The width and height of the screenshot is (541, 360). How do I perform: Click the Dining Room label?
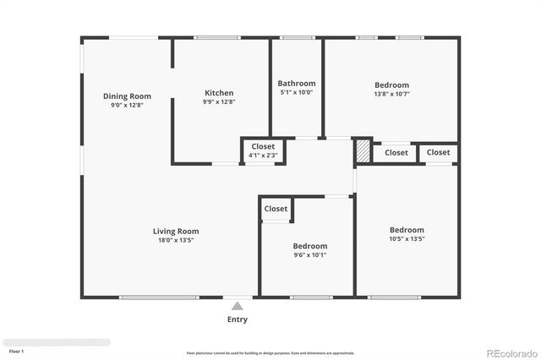tap(127, 96)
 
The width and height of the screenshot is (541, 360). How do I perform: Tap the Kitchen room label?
tap(219, 93)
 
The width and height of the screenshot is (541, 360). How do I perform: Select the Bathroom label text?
tap(297, 84)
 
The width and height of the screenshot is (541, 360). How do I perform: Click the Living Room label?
tap(176, 231)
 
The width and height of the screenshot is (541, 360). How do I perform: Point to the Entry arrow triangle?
tap(238, 306)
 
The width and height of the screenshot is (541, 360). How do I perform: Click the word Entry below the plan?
tap(238, 319)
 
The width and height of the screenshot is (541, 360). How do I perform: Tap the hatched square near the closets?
tap(363, 151)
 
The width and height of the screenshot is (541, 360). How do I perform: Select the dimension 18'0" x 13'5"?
tap(176, 240)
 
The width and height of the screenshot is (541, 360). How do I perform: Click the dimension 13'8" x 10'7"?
tap(391, 94)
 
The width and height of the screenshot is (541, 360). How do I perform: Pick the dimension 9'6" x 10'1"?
tap(310, 255)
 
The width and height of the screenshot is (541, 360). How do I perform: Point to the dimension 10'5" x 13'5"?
tap(407, 239)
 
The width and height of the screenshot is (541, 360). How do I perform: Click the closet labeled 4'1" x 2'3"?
tap(262, 155)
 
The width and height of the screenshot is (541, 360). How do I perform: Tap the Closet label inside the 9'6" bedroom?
tap(276, 209)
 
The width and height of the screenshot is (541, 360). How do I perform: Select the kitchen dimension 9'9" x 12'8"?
tap(219, 102)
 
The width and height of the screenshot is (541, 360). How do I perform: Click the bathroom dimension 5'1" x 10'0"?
tap(297, 93)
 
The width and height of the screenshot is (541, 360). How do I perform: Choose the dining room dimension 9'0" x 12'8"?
tap(127, 106)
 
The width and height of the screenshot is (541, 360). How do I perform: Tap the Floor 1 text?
tap(16, 351)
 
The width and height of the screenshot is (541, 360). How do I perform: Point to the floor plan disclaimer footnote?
tap(270, 353)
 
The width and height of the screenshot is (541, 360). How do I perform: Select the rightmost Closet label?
tap(438, 153)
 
